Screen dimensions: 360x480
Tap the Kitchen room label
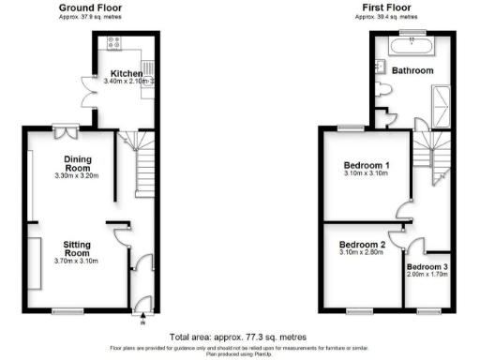(127, 73)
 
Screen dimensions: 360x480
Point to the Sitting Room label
(77, 247)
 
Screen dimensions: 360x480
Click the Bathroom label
(412, 70)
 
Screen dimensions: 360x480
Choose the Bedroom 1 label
(367, 167)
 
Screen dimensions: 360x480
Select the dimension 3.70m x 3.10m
(77, 260)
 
